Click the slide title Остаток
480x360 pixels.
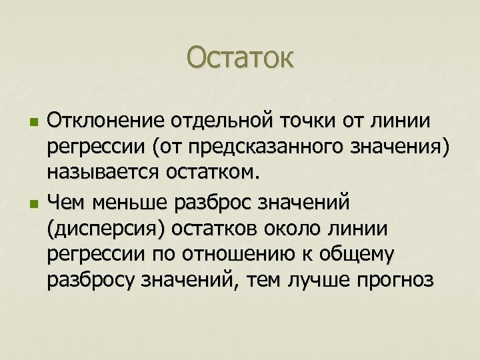coord(239,57)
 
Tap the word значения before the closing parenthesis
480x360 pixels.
coord(401,148)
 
